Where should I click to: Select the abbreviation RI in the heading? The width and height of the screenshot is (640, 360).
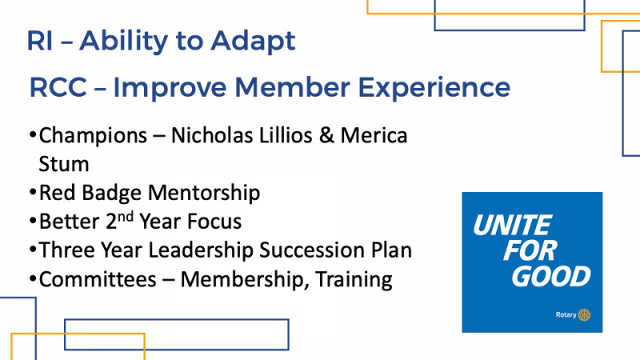[x=39, y=41]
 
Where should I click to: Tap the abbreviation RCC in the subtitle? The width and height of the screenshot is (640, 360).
[x=58, y=87]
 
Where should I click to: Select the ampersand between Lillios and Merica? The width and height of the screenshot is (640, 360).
[x=326, y=135]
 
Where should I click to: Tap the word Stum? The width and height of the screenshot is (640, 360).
[x=64, y=164]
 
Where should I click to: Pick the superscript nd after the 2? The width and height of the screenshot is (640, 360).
[x=126, y=216]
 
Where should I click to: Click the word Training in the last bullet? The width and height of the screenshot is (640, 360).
[x=354, y=280]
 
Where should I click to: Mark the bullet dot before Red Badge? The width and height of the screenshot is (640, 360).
[x=33, y=192]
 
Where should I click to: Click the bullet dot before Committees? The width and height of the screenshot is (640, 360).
[x=33, y=278]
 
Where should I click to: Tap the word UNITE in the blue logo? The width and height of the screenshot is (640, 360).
[x=513, y=225]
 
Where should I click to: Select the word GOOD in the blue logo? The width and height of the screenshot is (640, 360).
[x=551, y=276]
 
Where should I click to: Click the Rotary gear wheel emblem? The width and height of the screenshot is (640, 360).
[x=584, y=314]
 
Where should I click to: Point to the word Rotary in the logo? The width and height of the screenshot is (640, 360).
[x=566, y=314]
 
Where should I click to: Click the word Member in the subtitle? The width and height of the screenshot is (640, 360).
[x=292, y=87]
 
